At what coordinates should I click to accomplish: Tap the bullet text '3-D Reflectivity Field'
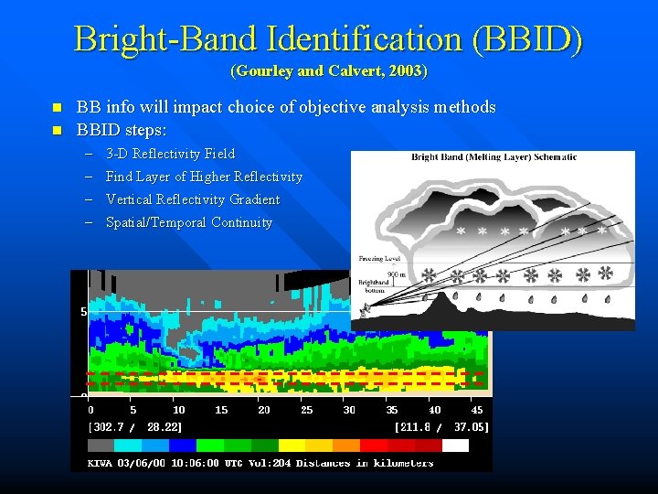pyautogui.click(x=170, y=154)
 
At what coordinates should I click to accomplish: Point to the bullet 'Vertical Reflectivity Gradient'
pyautogui.click(x=193, y=199)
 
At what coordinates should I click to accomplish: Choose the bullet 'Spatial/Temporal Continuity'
pyautogui.click(x=189, y=222)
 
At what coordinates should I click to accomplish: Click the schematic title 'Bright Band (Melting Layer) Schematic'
pyautogui.click(x=493, y=157)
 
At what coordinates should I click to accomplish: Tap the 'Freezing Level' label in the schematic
pyautogui.click(x=377, y=259)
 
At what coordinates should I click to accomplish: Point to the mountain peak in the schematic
pyautogui.click(x=452, y=296)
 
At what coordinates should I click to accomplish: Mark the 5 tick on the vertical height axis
pyautogui.click(x=82, y=312)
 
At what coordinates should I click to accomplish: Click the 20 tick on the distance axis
pyautogui.click(x=264, y=410)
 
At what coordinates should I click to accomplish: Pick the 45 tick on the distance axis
pyautogui.click(x=477, y=410)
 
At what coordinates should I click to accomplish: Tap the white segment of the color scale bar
pyautogui.click(x=455, y=446)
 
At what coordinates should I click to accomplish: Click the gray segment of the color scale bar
pyautogui.click(x=101, y=446)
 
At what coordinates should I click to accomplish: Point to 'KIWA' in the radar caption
pyautogui.click(x=101, y=463)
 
